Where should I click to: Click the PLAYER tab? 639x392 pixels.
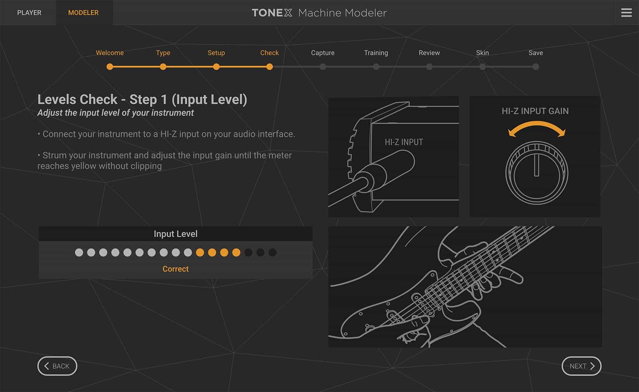[x=29, y=13]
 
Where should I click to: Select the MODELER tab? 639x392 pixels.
[x=83, y=13]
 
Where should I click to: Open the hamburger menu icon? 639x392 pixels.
[x=626, y=13]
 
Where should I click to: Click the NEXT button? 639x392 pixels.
[x=581, y=366]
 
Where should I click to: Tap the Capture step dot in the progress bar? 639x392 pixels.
[x=323, y=67]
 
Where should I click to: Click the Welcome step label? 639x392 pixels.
[x=109, y=53]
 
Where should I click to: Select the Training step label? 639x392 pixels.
[x=376, y=53]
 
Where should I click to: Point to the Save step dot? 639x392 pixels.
[x=536, y=67]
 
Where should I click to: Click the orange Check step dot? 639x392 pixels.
[x=269, y=67]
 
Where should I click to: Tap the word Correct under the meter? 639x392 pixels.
[x=175, y=269]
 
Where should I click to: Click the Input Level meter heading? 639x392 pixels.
[x=175, y=234]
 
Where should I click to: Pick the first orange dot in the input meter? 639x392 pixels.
[x=200, y=252]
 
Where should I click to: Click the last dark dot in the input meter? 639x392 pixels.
[x=272, y=252]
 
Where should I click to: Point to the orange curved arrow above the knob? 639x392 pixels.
[x=537, y=127]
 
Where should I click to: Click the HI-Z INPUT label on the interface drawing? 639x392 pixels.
[x=404, y=142]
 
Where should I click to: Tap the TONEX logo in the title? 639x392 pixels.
[x=272, y=13]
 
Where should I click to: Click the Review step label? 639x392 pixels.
[x=429, y=53]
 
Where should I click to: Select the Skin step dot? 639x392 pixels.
[x=482, y=67]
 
